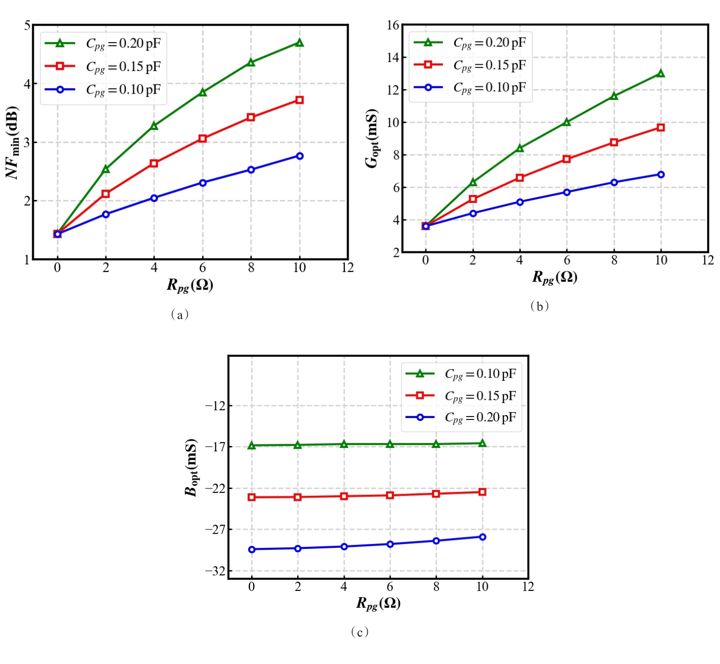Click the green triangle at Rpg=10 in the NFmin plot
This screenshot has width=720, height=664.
299,43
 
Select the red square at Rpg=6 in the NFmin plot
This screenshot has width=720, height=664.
203,139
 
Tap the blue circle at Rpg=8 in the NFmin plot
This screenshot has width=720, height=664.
251,170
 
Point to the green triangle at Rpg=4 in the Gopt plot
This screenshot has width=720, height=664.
520,148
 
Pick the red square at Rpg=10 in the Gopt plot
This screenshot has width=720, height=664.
661,127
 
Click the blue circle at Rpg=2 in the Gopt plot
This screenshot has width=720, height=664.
473,213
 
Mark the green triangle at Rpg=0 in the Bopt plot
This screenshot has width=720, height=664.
252,445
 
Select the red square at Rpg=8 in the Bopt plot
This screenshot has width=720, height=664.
436,493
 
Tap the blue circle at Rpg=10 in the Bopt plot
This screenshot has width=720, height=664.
482,537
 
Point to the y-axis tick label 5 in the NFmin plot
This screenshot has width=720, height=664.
27,25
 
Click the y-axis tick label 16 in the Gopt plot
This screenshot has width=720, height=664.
393,25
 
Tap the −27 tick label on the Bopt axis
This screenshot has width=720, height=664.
215,529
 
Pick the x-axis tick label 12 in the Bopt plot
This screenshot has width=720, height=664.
528,587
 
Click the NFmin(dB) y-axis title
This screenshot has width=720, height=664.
12,142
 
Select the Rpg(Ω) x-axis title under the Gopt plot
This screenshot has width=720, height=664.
555,277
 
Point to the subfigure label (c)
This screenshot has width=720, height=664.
360,632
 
